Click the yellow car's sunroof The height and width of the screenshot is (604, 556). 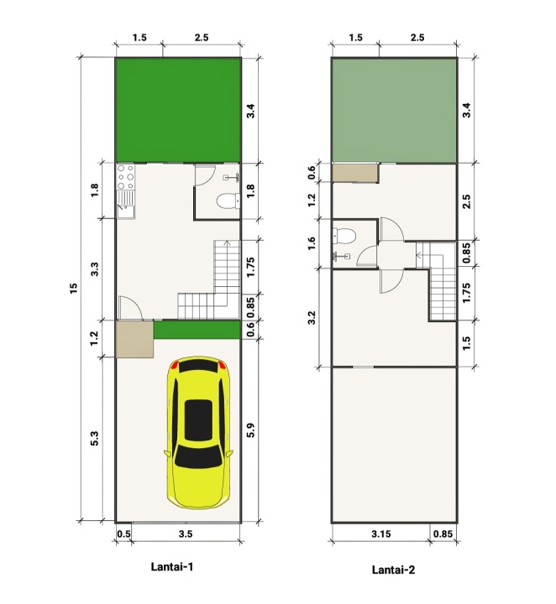pyautogui.click(x=198, y=420)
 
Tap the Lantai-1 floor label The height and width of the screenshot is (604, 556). pyautogui.click(x=172, y=566)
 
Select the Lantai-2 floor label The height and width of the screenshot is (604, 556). pyautogui.click(x=393, y=570)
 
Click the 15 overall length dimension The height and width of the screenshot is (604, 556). pyautogui.click(x=73, y=289)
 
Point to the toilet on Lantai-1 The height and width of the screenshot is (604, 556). pyautogui.click(x=228, y=201)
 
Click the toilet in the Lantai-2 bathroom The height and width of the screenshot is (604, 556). pyautogui.click(x=344, y=236)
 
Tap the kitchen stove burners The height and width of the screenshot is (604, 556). pyautogui.click(x=126, y=177)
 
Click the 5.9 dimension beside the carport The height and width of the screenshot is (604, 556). pyautogui.click(x=250, y=430)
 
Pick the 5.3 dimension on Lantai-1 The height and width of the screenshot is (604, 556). pyautogui.click(x=94, y=439)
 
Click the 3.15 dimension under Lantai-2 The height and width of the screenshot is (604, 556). pyautogui.click(x=381, y=534)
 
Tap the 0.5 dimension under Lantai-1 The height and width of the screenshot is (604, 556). pyautogui.click(x=123, y=534)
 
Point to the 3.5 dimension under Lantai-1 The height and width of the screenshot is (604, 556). pyautogui.click(x=186, y=534)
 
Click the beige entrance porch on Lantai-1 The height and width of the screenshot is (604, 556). pyautogui.click(x=134, y=339)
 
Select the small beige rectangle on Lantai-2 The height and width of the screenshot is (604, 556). pyautogui.click(x=355, y=173)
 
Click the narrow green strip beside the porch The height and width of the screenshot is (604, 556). pyautogui.click(x=197, y=331)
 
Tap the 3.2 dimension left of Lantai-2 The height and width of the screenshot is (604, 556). pyautogui.click(x=312, y=317)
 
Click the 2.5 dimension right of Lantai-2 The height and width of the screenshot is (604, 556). pyautogui.click(x=466, y=201)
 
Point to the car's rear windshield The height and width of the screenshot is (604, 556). pyautogui.click(x=198, y=457)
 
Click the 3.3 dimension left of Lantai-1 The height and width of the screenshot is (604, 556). pyautogui.click(x=94, y=269)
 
